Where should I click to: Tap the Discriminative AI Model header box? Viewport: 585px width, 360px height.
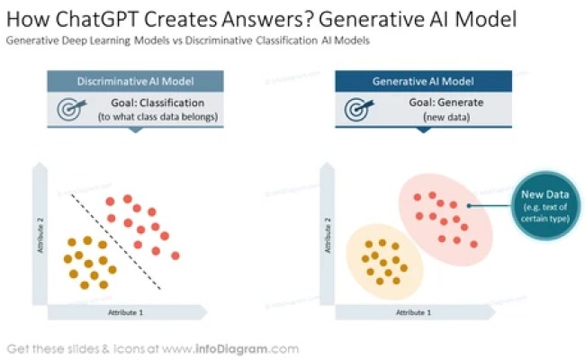(134, 81)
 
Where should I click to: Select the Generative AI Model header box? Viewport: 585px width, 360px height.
(423, 81)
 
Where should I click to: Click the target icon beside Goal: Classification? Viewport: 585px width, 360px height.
(70, 109)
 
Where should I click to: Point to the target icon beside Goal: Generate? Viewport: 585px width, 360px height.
(358, 109)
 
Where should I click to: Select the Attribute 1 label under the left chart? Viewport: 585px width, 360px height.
(125, 310)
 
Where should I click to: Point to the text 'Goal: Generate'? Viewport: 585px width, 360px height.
(446, 103)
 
